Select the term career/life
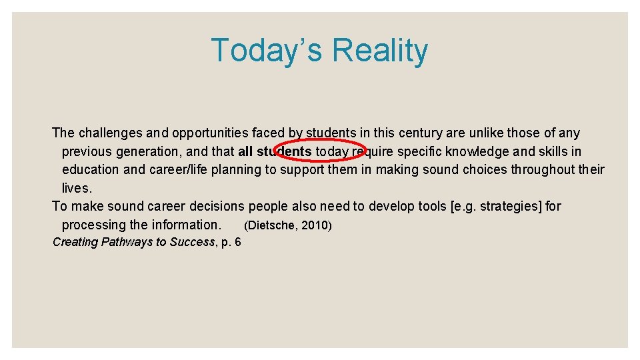click(x=184, y=169)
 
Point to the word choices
click(x=476, y=169)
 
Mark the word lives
click(x=77, y=188)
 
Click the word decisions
click(x=213, y=206)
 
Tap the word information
click(x=186, y=225)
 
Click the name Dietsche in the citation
click(x=272, y=225)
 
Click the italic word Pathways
click(x=125, y=242)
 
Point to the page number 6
click(x=237, y=242)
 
